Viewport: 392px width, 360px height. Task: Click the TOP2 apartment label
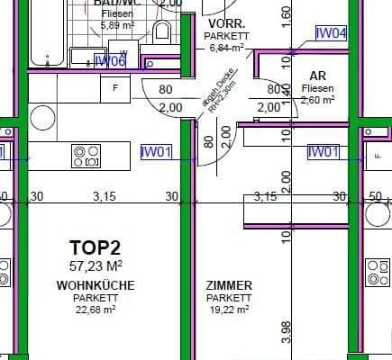[x=95, y=247]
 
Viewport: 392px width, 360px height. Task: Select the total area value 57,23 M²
[x=95, y=265]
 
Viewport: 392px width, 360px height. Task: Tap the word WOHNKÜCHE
[x=95, y=286]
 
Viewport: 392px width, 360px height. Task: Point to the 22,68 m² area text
[x=95, y=309]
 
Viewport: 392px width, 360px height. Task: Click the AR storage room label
[x=317, y=76]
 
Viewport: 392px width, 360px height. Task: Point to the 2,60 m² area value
[x=317, y=99]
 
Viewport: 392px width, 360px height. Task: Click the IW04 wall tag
[x=331, y=33]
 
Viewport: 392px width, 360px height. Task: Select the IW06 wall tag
[x=110, y=60]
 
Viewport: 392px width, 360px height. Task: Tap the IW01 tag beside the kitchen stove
[x=156, y=152]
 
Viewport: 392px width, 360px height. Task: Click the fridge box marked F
[x=114, y=88]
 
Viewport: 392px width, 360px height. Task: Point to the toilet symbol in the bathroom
[x=163, y=33]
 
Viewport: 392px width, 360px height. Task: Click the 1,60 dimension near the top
[x=287, y=15]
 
